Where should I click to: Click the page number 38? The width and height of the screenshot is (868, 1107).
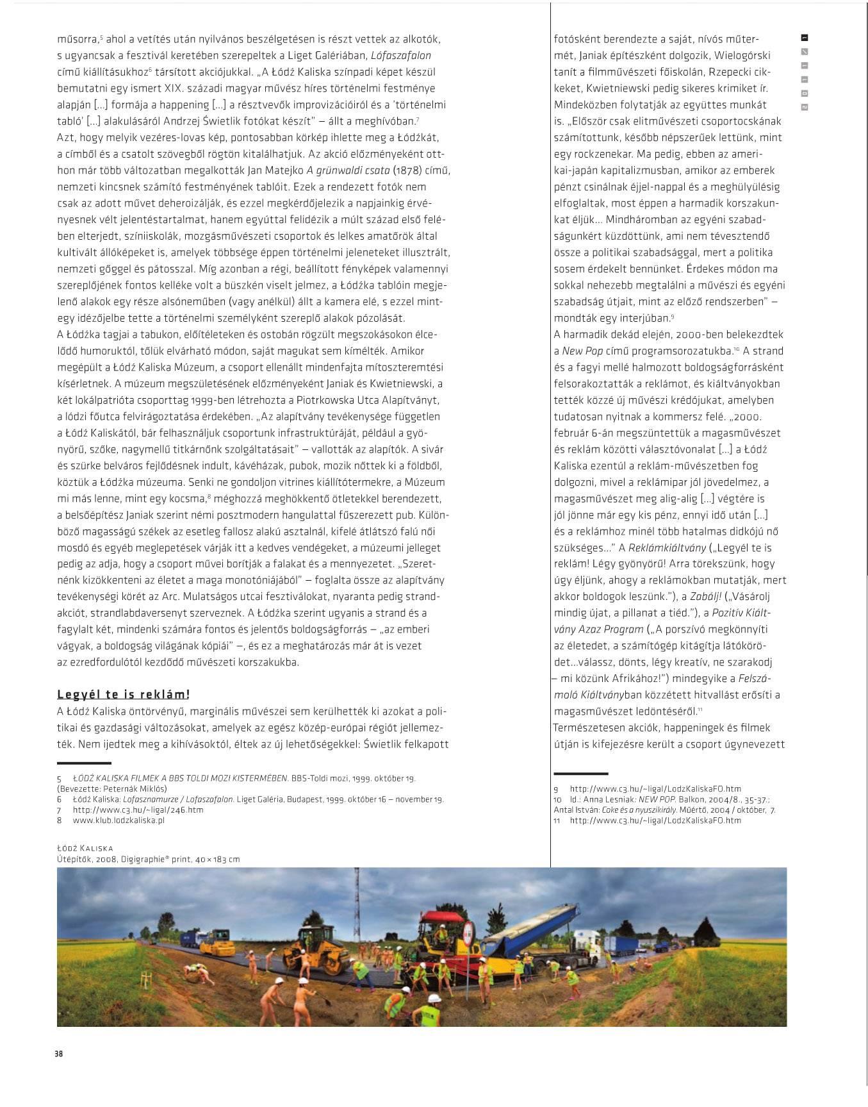(x=59, y=1053)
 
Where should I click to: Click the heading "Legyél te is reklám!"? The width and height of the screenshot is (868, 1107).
(x=124, y=694)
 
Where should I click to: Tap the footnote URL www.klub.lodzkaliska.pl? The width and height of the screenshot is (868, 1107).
(x=119, y=820)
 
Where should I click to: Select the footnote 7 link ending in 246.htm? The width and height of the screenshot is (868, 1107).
(x=138, y=810)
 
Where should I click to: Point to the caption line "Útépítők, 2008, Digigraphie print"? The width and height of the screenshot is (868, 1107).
(x=148, y=859)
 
